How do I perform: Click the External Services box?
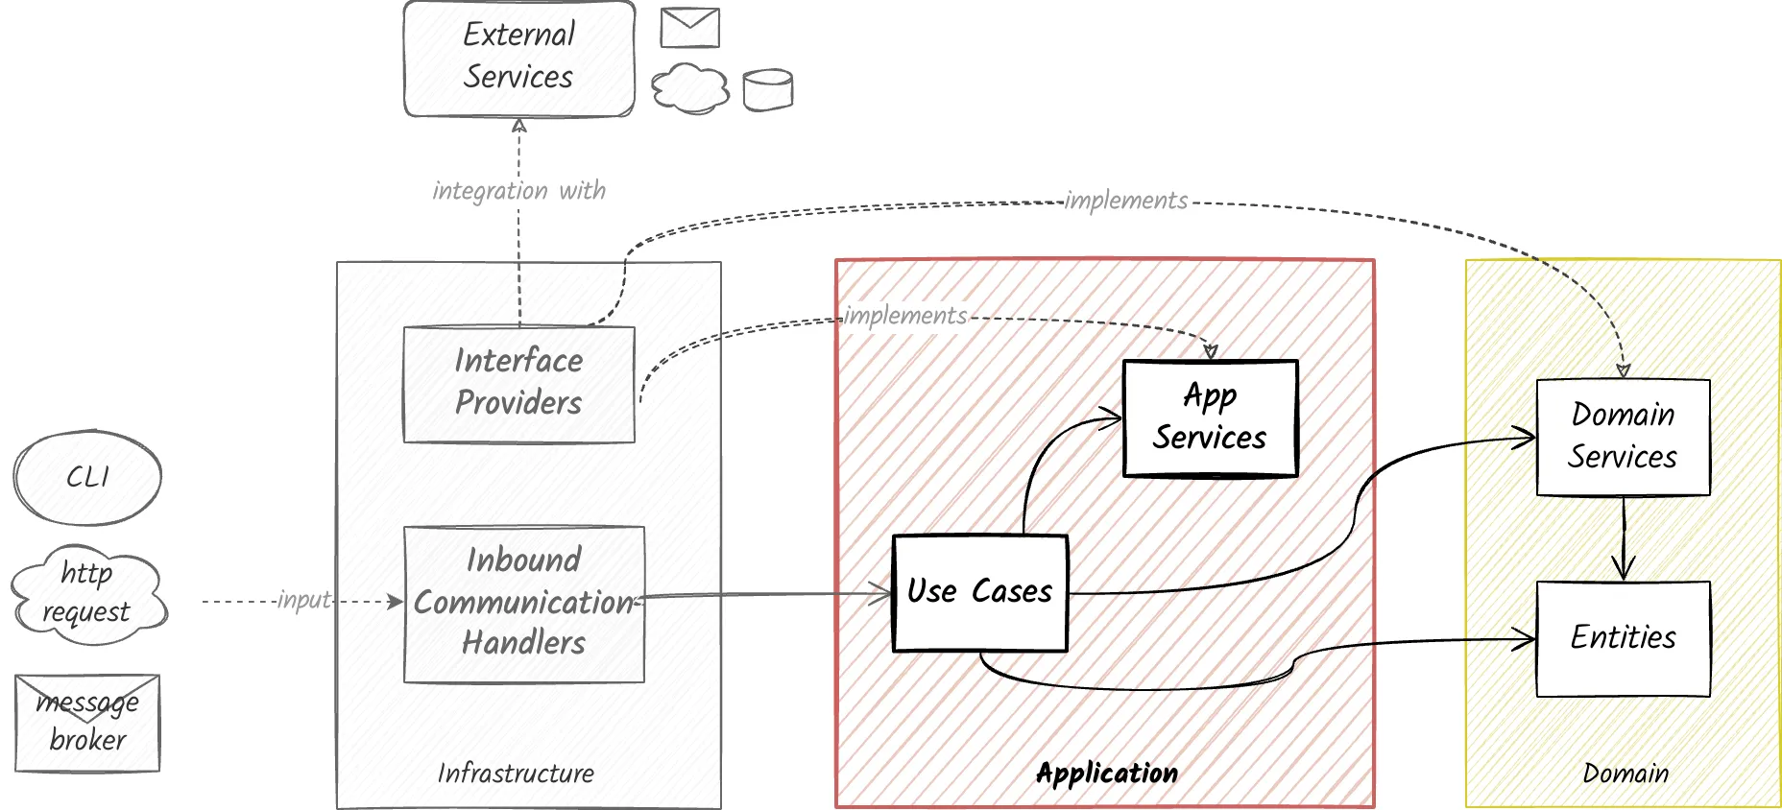518,59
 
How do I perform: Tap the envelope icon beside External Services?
689,28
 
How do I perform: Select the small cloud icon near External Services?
689,89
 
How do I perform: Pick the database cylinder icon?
768,90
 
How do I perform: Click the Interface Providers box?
518,384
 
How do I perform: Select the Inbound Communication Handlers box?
523,604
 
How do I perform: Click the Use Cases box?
979,592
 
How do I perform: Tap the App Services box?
1210,417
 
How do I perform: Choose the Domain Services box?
1623,437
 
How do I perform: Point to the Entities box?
1623,638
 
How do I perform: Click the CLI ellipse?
87,477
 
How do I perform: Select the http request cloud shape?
87,593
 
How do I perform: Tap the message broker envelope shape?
87,723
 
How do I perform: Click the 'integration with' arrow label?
518,191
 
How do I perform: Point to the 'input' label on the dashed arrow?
303,601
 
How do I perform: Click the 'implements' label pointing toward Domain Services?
1125,201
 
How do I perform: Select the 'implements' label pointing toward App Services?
904,316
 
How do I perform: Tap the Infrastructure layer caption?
516,774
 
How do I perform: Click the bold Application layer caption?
1106,774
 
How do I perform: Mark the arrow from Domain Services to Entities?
1624,537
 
